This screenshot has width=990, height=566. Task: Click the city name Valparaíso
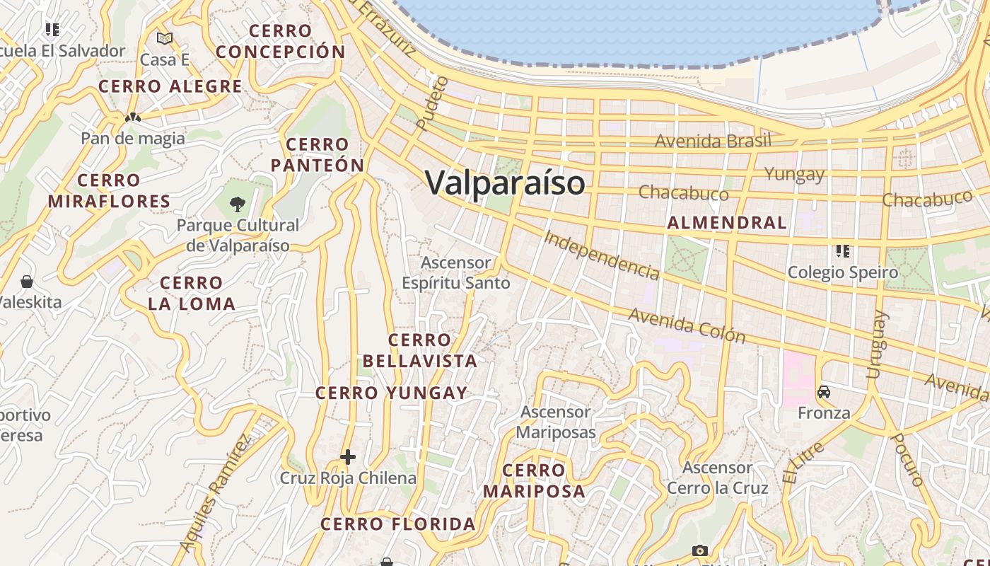[x=505, y=183]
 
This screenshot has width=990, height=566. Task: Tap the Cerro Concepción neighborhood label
[x=281, y=41]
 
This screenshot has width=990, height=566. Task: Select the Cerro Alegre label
[x=170, y=86]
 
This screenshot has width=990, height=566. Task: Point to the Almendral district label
[x=727, y=223]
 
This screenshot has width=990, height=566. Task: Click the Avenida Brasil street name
[x=712, y=141]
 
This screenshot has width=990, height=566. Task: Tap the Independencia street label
[x=602, y=255]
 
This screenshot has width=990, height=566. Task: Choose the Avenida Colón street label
[x=687, y=325]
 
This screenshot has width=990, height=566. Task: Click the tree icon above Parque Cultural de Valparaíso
[x=238, y=204]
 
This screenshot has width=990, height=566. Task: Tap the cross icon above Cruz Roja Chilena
[x=347, y=457]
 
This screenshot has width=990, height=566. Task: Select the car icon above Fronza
[x=824, y=392]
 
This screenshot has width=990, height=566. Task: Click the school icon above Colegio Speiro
[x=842, y=251]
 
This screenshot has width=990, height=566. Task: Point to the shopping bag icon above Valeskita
[x=27, y=282]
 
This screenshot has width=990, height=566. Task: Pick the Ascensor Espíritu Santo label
[x=456, y=272]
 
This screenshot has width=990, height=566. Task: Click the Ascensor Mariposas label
[x=556, y=422]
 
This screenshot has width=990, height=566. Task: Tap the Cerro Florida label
[x=398, y=524]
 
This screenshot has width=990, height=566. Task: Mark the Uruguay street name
[x=876, y=345]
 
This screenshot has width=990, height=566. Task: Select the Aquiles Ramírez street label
[x=216, y=492]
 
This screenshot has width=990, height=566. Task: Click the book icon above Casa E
[x=165, y=38]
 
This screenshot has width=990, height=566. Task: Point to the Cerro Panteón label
[x=318, y=155]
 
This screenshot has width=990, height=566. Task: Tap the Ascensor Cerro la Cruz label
[x=717, y=478]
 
